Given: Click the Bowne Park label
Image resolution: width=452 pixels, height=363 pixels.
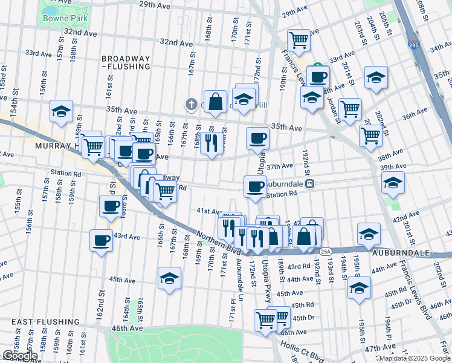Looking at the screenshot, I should [65, 18].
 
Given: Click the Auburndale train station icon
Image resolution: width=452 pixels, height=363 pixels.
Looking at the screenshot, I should [309, 184].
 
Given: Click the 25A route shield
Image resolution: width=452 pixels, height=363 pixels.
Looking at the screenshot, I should [326, 251].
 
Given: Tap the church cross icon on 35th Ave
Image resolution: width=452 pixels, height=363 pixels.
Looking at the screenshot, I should [192, 103].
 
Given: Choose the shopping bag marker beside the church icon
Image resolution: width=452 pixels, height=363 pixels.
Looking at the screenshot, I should [215, 102].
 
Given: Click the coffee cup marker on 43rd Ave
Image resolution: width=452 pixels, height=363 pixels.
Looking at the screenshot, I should [101, 240].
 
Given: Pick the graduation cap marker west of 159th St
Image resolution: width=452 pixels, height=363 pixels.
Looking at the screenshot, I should [61, 111].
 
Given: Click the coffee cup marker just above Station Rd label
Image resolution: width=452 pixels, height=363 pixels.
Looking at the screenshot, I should [255, 186].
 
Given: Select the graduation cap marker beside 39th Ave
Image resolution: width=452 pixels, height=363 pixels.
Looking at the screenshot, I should [393, 182].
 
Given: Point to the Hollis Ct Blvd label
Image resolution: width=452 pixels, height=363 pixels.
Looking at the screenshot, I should [300, 351].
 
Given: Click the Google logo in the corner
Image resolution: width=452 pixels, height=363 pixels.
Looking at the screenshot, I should [20, 356].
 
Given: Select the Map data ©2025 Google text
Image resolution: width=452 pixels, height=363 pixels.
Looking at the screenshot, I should [414, 358].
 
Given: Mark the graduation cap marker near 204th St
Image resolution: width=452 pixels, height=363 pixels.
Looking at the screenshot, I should [376, 77].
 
